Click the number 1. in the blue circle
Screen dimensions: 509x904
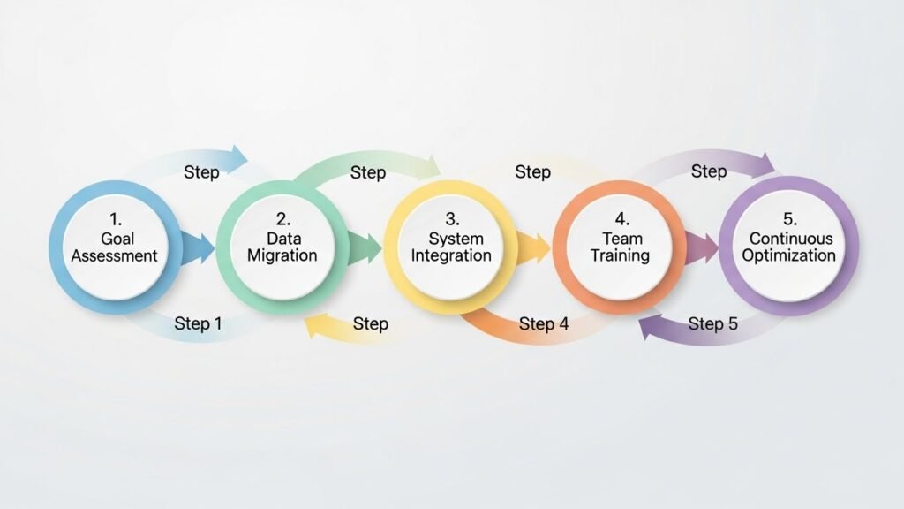coord(115,218)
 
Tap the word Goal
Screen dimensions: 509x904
coord(115,239)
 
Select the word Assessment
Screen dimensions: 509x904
coord(115,256)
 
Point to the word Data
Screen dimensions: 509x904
coord(282,239)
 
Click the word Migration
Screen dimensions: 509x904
coord(282,256)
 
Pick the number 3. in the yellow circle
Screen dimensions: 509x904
coord(450,218)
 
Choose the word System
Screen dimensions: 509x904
coord(450,239)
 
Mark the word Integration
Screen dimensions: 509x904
coord(450,256)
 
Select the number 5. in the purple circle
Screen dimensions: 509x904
coord(788,218)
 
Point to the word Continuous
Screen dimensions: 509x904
coord(788,239)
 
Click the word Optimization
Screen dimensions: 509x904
coord(788,256)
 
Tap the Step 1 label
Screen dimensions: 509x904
coord(198,323)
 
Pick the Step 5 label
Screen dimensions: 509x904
coord(712,323)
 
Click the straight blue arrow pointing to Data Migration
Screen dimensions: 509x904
coord(198,247)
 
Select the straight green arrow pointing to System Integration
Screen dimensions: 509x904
coord(365,247)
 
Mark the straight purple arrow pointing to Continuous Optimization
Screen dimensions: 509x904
coord(702,247)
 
